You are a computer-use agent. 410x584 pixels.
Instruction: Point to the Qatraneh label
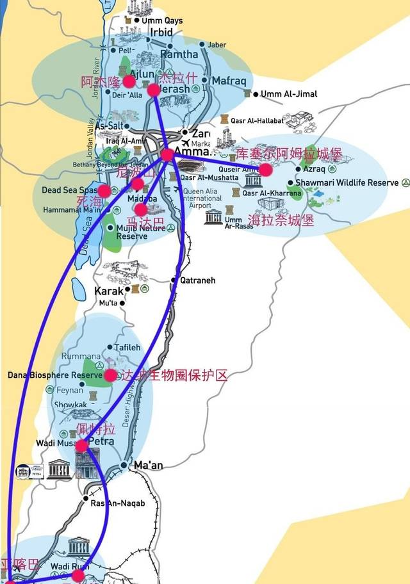pyautogui.click(x=197, y=280)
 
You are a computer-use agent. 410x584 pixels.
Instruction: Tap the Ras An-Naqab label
pyautogui.click(x=119, y=503)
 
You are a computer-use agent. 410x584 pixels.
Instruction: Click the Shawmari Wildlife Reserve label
pyautogui.click(x=350, y=183)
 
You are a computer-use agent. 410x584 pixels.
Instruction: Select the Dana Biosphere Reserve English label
pyautogui.click(x=51, y=375)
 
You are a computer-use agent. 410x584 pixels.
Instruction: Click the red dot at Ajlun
pyautogui.click(x=129, y=81)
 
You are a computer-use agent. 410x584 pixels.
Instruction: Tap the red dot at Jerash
pyautogui.click(x=154, y=90)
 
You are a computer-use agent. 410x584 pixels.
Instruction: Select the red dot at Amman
pyautogui.click(x=167, y=154)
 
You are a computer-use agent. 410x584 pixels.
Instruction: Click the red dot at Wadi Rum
pyautogui.click(x=78, y=576)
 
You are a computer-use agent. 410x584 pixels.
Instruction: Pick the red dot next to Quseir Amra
pyautogui.click(x=265, y=170)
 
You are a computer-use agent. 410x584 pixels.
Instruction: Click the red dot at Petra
pyautogui.click(x=82, y=445)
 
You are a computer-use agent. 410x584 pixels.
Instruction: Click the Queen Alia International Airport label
pyautogui.click(x=204, y=199)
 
